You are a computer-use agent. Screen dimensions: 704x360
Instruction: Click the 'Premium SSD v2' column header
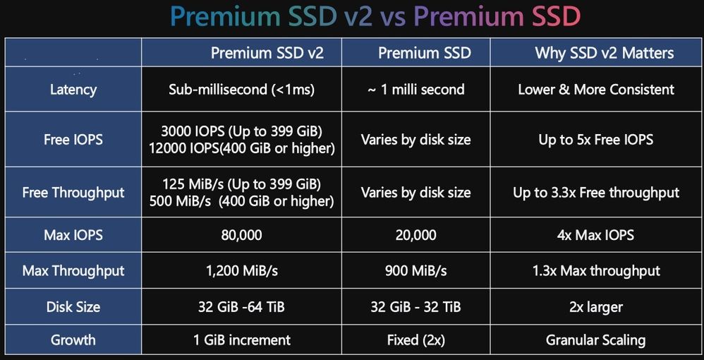(267, 53)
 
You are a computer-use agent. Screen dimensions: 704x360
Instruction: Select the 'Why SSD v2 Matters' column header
(605, 53)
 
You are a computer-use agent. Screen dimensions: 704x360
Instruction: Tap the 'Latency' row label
(73, 89)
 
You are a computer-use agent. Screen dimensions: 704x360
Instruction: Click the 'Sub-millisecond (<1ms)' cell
(241, 89)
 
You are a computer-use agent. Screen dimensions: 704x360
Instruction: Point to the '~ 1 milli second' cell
(415, 89)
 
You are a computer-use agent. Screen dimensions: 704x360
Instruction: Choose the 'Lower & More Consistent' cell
(596, 89)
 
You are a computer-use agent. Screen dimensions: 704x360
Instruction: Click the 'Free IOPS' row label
(73, 139)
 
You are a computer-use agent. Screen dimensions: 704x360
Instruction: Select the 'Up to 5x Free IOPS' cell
(596, 139)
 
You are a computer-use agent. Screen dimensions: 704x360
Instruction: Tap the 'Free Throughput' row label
(73, 193)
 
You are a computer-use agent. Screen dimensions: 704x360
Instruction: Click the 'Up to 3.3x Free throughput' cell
(596, 193)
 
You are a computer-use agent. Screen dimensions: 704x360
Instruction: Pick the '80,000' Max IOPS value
(241, 234)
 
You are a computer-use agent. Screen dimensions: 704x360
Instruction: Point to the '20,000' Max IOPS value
(415, 234)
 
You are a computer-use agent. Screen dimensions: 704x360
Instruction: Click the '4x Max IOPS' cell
(596, 234)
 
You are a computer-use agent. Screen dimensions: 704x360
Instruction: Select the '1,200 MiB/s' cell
(241, 270)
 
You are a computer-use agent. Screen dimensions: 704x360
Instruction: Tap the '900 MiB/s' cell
(415, 270)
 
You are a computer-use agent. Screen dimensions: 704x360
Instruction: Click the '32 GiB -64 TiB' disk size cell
(241, 307)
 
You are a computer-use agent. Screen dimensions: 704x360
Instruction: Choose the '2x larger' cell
(596, 307)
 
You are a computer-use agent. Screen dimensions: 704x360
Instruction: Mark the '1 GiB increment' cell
(242, 340)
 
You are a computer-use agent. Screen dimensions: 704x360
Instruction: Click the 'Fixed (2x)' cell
(415, 340)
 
